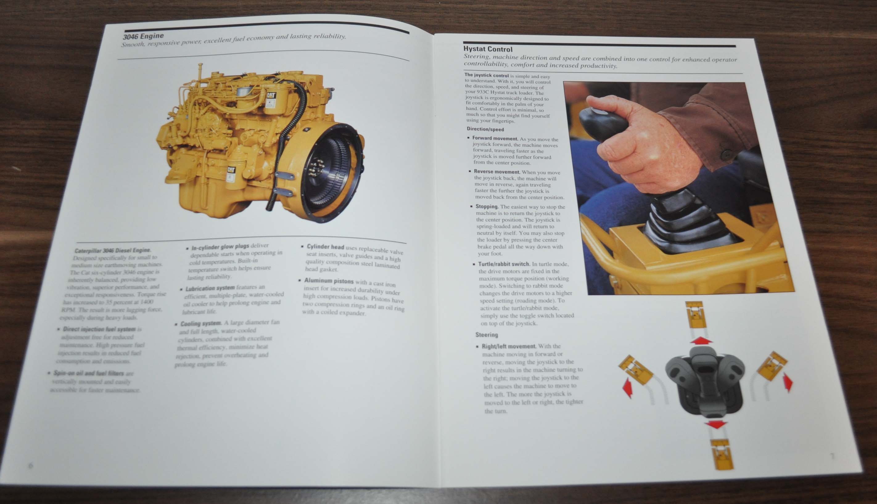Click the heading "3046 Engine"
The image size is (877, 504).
143,36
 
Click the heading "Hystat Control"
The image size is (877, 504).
488,49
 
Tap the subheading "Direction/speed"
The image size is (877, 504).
485,129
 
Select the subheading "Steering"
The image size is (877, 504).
487,335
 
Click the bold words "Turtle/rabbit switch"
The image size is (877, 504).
504,264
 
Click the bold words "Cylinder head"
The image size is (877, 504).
325,247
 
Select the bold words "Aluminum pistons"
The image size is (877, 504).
329,281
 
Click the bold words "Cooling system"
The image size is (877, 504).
201,324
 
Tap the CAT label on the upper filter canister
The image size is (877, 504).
271,95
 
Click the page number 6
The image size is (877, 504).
31,465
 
